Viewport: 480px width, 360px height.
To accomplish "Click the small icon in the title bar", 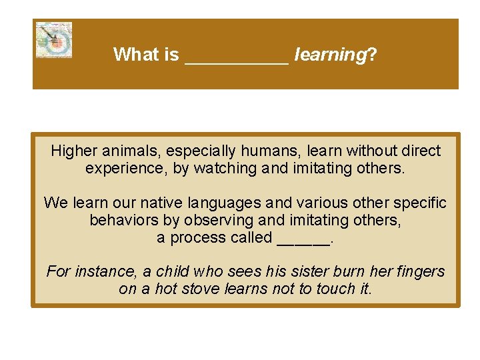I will [x=53, y=40].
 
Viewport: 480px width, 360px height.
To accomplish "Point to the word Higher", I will [x=74, y=151].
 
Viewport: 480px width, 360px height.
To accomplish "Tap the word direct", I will [x=420, y=151].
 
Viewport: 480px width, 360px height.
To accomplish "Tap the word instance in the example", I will [x=99, y=271].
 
